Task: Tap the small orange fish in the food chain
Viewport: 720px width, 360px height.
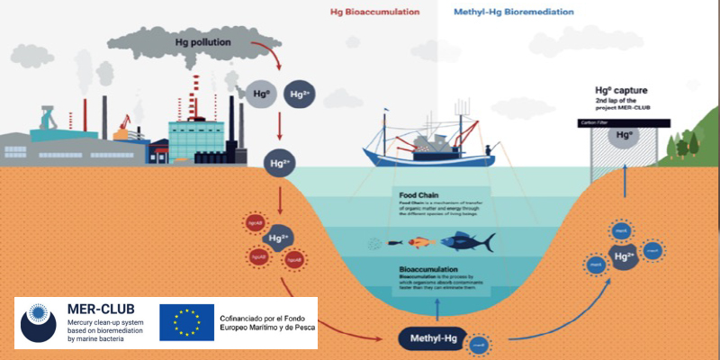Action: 417,242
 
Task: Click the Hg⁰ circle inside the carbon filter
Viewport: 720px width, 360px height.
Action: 620,136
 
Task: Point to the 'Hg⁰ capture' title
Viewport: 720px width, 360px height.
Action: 620,90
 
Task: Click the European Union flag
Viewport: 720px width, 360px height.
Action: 186,322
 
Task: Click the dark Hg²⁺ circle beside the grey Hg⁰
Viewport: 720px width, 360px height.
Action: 299,93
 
